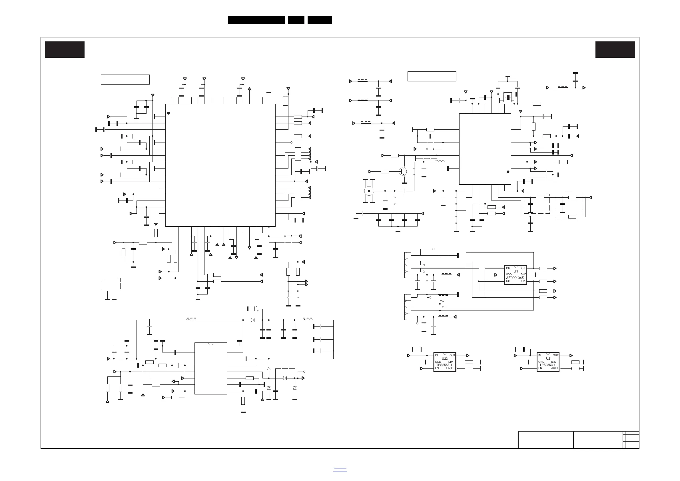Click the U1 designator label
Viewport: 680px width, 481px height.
pos(515,271)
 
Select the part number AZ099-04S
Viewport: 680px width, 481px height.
pos(515,278)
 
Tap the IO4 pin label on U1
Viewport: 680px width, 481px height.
pos(508,268)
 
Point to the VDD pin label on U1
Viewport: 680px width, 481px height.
pos(509,274)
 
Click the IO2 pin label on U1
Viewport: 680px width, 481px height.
pos(523,281)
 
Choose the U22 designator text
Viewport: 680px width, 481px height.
pos(445,359)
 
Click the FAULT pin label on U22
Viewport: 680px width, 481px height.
pos(450,368)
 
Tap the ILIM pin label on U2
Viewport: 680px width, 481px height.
pos(553,362)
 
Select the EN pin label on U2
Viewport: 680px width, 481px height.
pos(540,368)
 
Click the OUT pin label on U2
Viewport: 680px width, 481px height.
pos(555,355)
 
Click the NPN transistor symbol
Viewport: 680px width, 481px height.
pos(403,171)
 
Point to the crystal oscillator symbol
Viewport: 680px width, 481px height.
pos(508,97)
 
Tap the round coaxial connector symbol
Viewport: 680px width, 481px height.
pos(369,191)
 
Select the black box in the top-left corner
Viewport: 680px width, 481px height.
pos(65,49)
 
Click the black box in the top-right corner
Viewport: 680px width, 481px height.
pos(615,49)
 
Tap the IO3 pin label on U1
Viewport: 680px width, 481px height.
pos(508,281)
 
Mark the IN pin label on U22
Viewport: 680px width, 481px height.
pos(436,355)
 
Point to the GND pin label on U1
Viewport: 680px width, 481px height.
pos(523,274)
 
